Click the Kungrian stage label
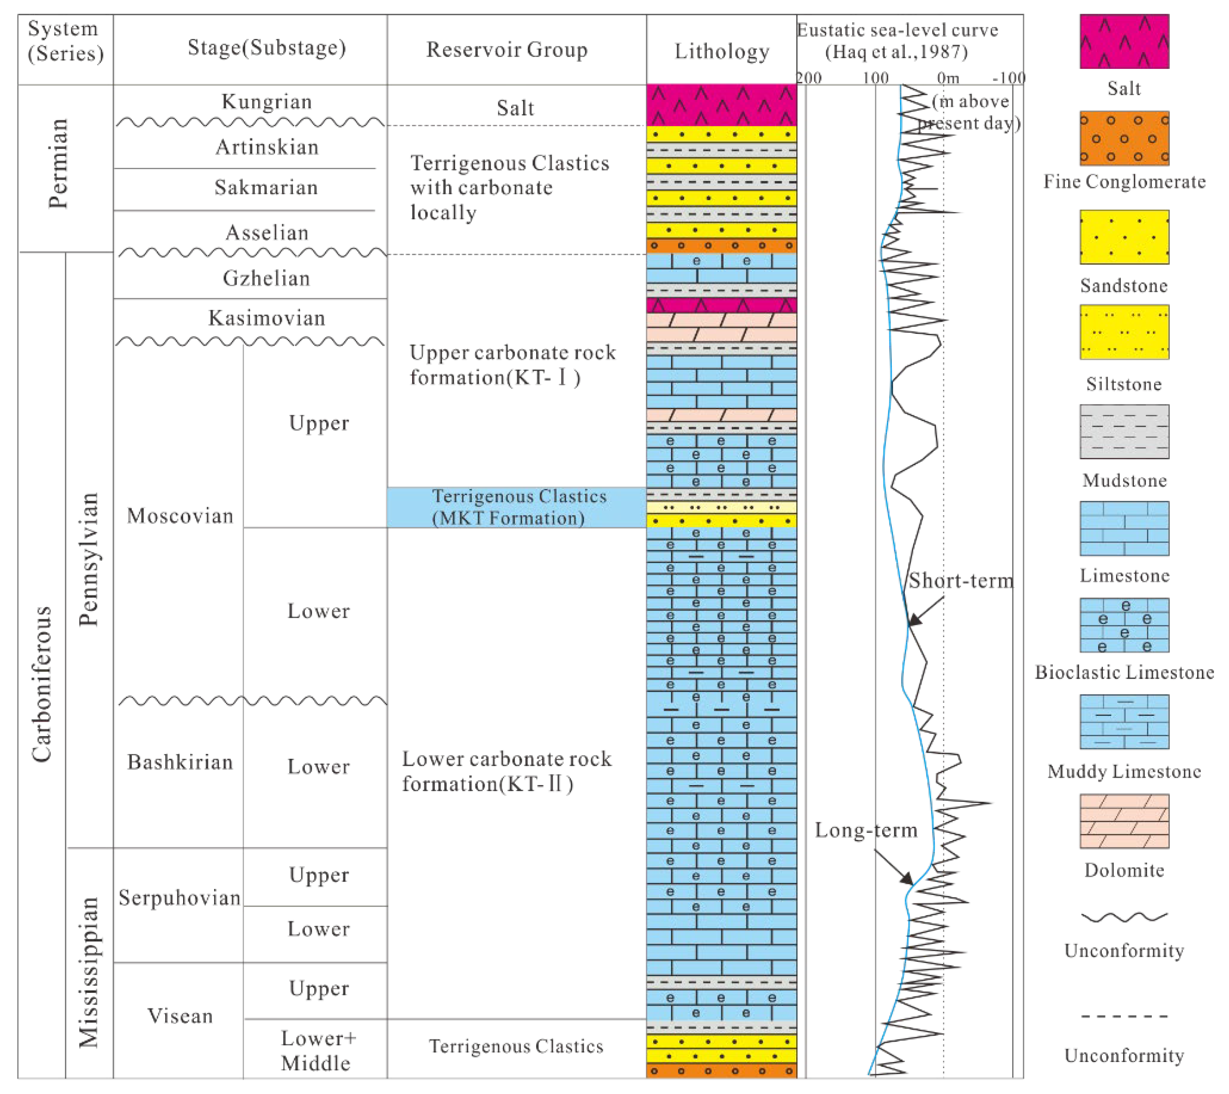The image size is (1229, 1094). pos(266,102)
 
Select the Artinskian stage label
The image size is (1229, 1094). pos(266,147)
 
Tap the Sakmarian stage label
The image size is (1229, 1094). pos(266,188)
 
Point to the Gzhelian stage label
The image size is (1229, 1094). pos(266,279)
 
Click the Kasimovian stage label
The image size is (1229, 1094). pos(266,318)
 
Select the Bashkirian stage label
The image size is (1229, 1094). pos(180,762)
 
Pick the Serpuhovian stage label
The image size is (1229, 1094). pos(179,898)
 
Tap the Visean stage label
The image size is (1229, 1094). pos(180,1016)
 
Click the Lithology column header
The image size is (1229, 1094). pos(721,51)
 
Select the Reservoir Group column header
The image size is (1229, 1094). pos(507,50)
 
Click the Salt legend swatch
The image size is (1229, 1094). pos(1124,42)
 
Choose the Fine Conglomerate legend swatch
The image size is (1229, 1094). pos(1124,138)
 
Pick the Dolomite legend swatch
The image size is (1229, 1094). pos(1124,821)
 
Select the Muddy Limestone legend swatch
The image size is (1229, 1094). pos(1124,722)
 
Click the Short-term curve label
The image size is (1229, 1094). pos(960,581)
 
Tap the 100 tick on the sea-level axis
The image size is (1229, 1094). pos(876,78)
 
